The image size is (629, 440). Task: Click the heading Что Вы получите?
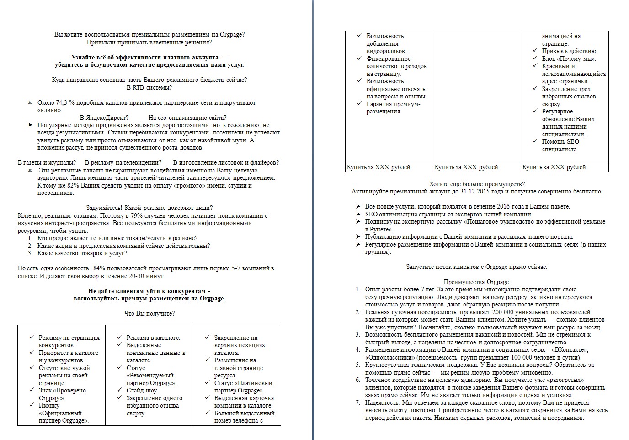point(149,313)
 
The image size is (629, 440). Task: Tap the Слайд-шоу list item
point(142,391)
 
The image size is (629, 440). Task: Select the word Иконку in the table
point(49,406)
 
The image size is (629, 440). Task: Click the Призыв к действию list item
point(570,51)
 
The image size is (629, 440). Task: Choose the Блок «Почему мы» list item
point(569,59)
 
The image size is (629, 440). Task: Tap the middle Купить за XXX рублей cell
point(466,167)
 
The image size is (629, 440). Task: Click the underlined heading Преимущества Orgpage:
point(477,282)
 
